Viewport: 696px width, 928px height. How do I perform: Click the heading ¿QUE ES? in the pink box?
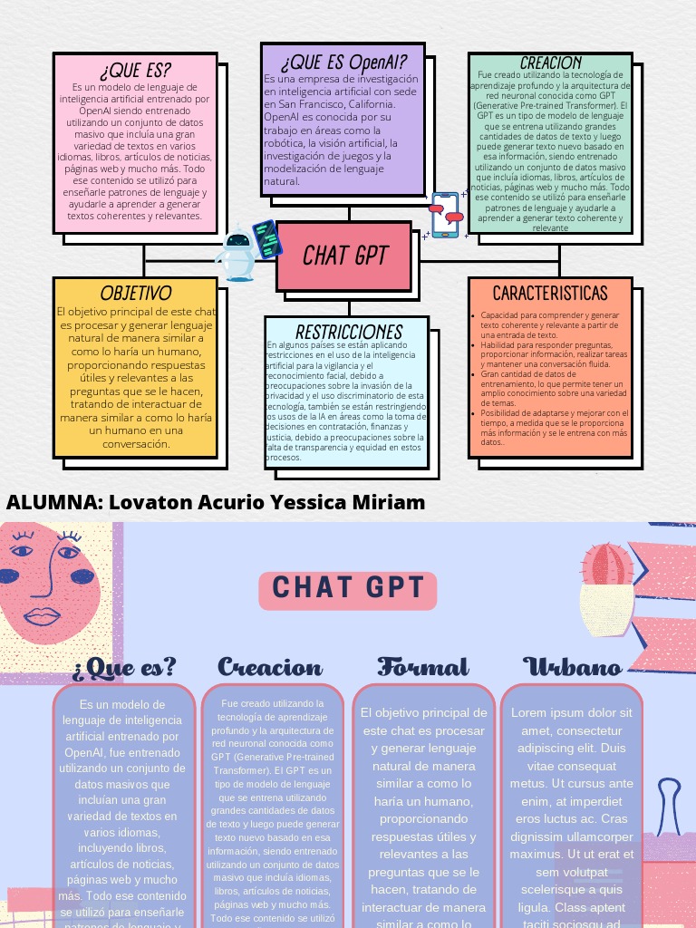tap(135, 71)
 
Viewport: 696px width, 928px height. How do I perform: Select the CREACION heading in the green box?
tap(551, 63)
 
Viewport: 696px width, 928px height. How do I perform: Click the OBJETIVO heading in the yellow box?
tap(136, 294)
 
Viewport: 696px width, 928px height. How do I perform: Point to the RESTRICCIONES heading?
tap(348, 332)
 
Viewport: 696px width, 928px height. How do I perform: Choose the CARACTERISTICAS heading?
tap(550, 293)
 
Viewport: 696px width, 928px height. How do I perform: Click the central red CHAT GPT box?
tap(344, 256)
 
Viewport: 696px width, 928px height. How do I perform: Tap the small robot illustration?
tap(237, 253)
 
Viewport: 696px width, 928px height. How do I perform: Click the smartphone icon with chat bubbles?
tap(446, 215)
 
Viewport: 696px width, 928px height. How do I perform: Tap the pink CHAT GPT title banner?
tap(348, 589)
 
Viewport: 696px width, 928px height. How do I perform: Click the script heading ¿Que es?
tap(125, 668)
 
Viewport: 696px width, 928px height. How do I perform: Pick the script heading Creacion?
tap(270, 668)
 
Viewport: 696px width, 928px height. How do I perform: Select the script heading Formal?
tap(423, 668)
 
